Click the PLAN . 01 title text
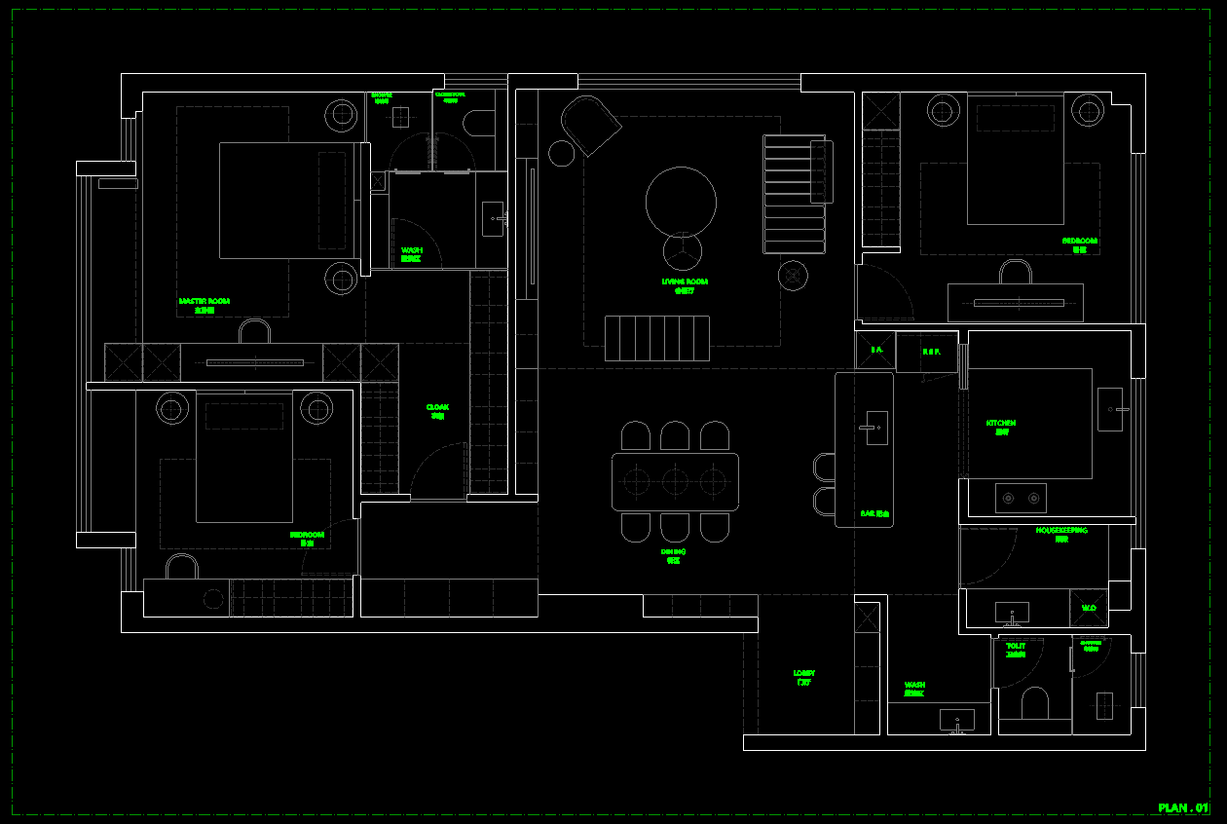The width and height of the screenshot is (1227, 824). click(1183, 808)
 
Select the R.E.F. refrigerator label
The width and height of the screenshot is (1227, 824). click(931, 352)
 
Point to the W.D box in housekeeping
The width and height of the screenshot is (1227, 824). click(1089, 609)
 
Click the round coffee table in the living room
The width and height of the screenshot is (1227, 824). click(681, 202)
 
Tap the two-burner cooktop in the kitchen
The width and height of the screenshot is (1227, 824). click(1021, 498)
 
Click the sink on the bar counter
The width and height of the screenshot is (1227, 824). click(876, 428)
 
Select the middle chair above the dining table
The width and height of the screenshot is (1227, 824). click(675, 435)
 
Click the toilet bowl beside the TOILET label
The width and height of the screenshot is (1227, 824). click(1034, 703)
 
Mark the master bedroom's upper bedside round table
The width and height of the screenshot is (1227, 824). click(342, 116)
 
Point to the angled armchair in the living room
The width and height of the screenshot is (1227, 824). click(590, 124)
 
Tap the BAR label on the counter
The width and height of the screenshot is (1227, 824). click(875, 512)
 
